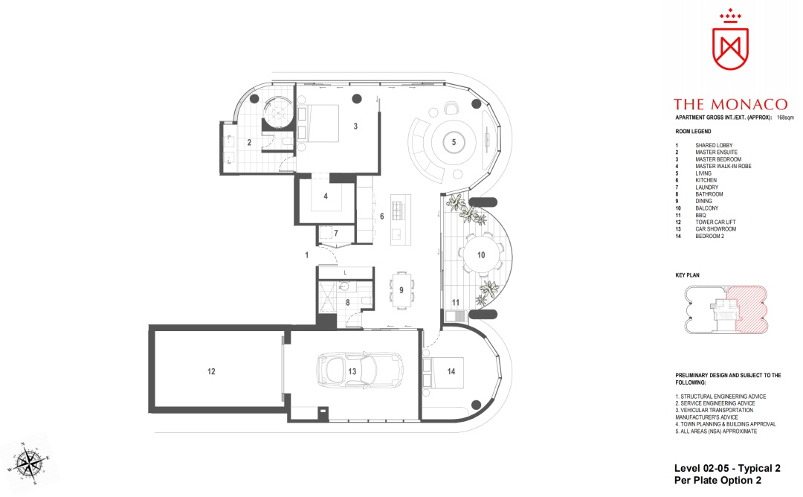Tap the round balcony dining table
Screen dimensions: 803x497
tap(481, 254)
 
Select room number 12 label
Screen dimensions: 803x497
tap(211, 371)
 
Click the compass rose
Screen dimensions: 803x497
tap(29, 464)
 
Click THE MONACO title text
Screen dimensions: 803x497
tap(730, 104)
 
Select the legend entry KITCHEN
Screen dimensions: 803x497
tap(706, 180)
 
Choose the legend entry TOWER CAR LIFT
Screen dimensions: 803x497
tap(715, 222)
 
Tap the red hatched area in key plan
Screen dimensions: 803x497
tap(751, 309)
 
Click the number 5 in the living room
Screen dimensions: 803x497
tap(454, 142)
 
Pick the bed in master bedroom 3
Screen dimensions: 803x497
tap(322, 124)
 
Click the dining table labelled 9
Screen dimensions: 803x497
tap(401, 290)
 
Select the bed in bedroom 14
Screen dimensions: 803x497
tap(447, 371)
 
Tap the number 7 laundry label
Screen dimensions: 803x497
tap(336, 233)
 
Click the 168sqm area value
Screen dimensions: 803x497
tap(785, 118)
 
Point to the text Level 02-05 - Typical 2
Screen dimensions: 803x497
tap(727, 468)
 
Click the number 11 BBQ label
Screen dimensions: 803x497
tap(455, 302)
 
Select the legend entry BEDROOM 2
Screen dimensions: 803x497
tap(709, 236)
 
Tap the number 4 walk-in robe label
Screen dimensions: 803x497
tap(325, 196)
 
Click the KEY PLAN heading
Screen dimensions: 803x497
tap(687, 275)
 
